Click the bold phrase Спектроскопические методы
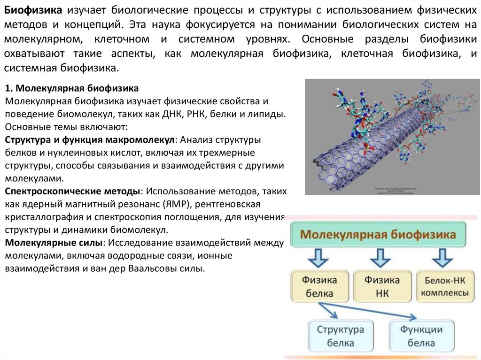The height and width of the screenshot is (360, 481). pos(73,192)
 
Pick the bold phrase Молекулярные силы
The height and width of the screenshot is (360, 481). pos(53,243)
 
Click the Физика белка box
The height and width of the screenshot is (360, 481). pos(319,286)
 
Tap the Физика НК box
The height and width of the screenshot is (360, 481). pos(381,286)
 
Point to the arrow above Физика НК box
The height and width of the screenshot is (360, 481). pos(380,258)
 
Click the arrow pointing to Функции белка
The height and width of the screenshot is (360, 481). pos(376,311)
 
